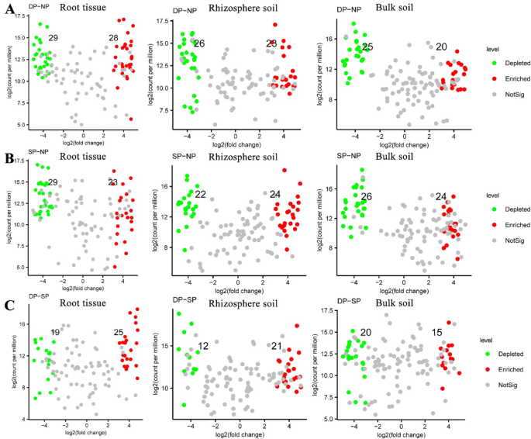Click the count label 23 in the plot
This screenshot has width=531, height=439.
pyautogui.click(x=113, y=182)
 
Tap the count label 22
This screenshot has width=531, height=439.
pyautogui.click(x=200, y=194)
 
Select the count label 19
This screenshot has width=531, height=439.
pyautogui.click(x=55, y=332)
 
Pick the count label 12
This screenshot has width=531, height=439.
pyautogui.click(x=203, y=346)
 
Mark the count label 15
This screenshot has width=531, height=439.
pyautogui.click(x=437, y=332)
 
